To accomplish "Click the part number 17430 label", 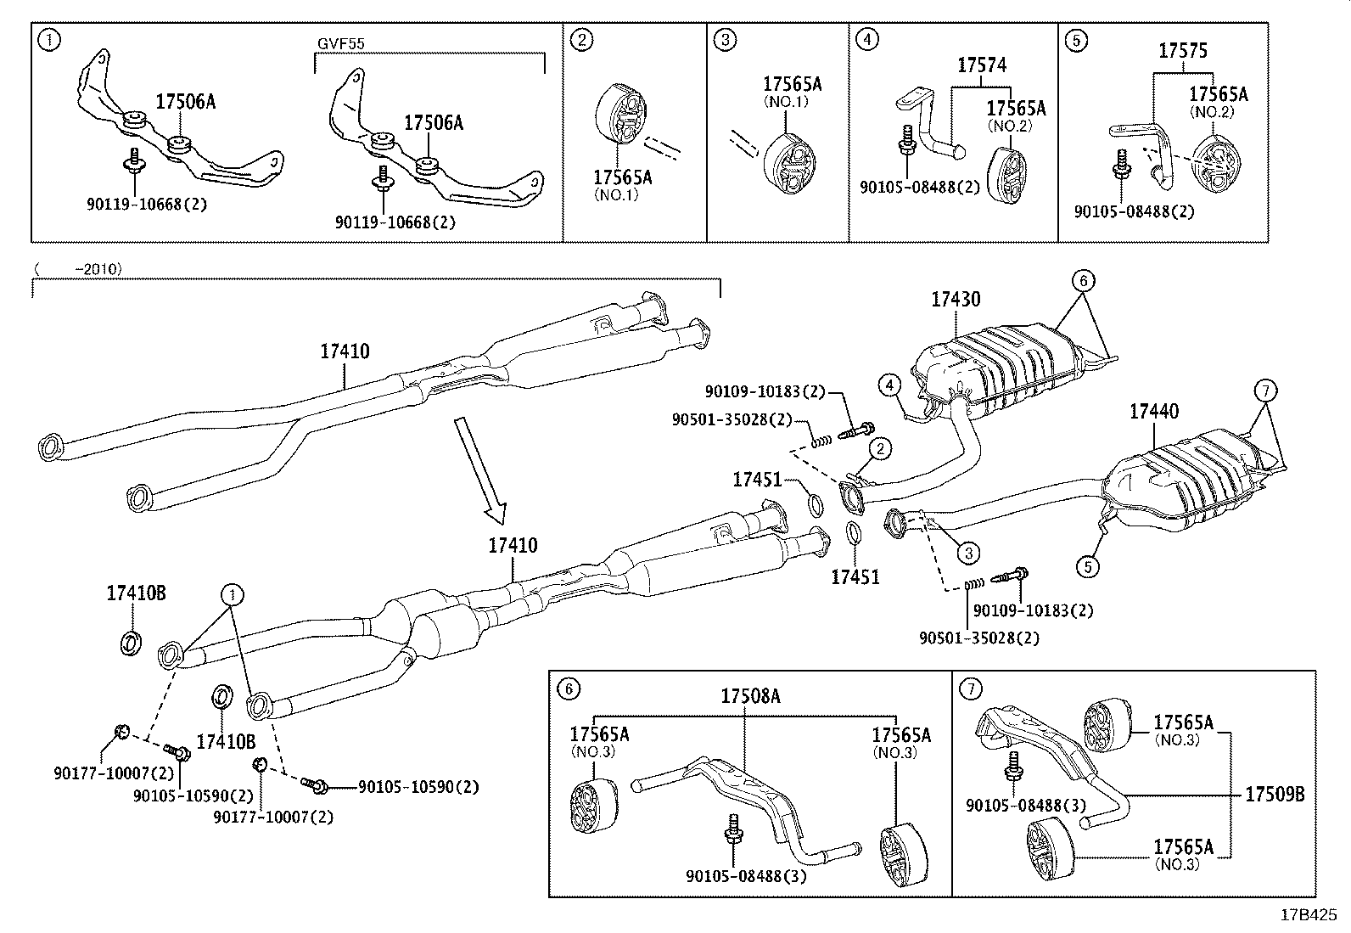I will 956,299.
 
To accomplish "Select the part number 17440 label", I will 1153,412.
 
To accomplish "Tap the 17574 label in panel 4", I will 982,65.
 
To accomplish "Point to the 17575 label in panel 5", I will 1183,51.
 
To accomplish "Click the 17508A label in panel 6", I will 750,696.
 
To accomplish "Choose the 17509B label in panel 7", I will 1274,795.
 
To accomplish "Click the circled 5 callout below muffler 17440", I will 1089,564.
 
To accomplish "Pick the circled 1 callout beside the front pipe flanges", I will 230,593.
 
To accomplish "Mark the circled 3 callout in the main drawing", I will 968,553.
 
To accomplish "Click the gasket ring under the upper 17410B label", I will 129,643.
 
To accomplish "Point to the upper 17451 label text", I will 757,481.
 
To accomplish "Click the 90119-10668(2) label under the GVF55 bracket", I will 395,222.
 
